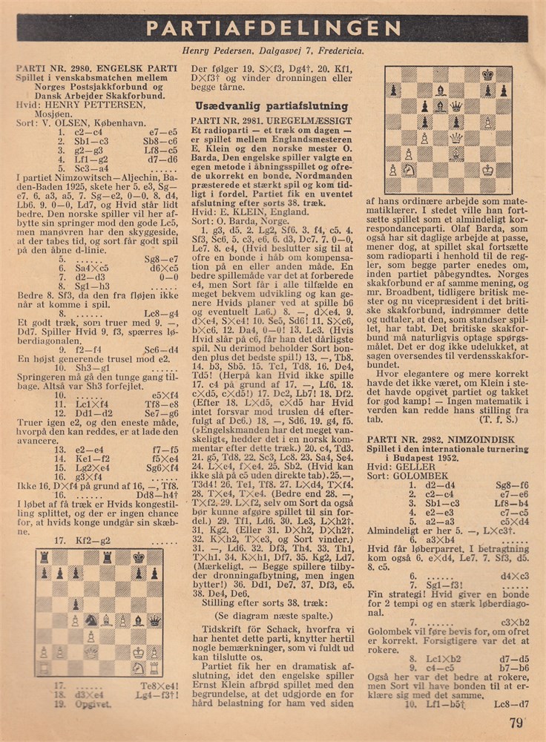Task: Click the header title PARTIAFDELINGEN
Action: pyautogui.click(x=272, y=27)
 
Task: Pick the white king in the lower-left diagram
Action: pyautogui.click(x=139, y=652)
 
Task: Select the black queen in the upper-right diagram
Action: pyautogui.click(x=456, y=106)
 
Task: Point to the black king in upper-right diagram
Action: pyautogui.click(x=488, y=75)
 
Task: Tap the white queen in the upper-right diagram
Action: pyautogui.click(x=456, y=138)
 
